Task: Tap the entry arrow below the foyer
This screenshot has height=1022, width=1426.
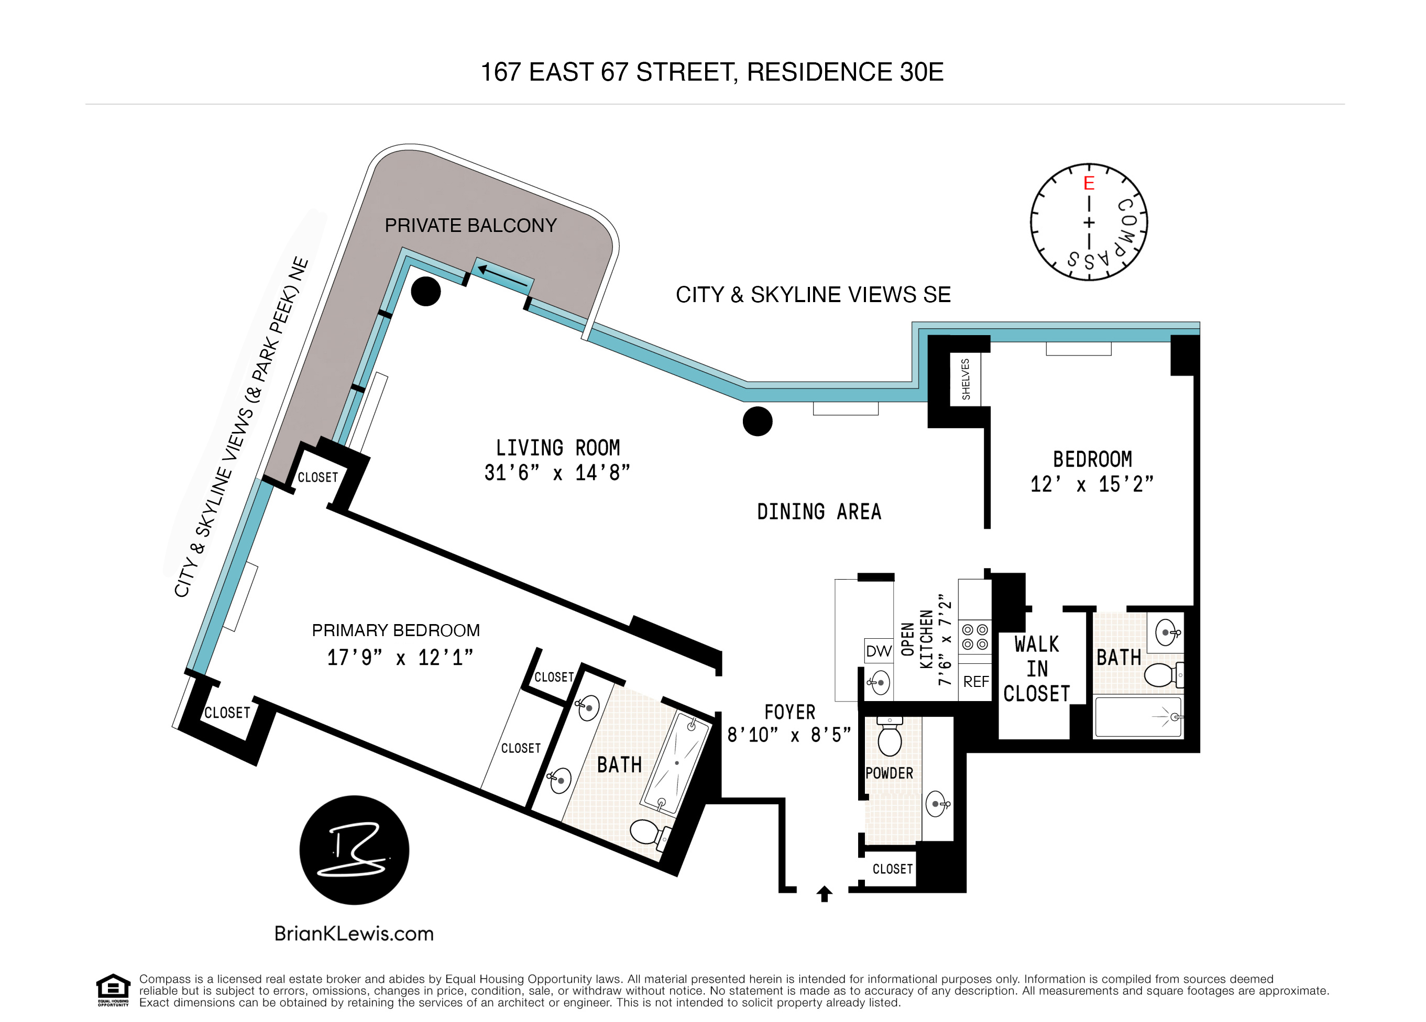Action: pyautogui.click(x=824, y=893)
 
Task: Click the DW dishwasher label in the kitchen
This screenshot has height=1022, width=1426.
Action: pyautogui.click(x=879, y=651)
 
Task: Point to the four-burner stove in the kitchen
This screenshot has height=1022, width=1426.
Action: pyautogui.click(x=975, y=637)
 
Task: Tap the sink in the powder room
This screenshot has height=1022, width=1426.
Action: pyautogui.click(x=936, y=803)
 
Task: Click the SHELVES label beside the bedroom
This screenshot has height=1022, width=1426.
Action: pyautogui.click(x=966, y=379)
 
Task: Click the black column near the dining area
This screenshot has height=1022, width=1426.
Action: pyautogui.click(x=757, y=421)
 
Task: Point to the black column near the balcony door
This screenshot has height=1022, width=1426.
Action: pyautogui.click(x=426, y=292)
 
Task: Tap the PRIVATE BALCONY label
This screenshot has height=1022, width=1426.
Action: pyautogui.click(x=470, y=226)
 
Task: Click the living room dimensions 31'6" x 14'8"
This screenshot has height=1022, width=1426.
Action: pyautogui.click(x=556, y=473)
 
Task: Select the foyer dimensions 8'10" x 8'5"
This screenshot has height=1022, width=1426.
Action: pyautogui.click(x=788, y=735)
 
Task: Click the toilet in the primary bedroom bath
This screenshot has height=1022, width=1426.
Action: pyautogui.click(x=646, y=833)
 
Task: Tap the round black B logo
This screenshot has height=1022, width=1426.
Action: pyautogui.click(x=354, y=850)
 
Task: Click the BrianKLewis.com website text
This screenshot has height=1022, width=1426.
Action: pyautogui.click(x=354, y=934)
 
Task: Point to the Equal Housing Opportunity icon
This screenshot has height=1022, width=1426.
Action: pyautogui.click(x=113, y=990)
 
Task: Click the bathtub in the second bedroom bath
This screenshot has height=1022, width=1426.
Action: pyautogui.click(x=1138, y=717)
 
